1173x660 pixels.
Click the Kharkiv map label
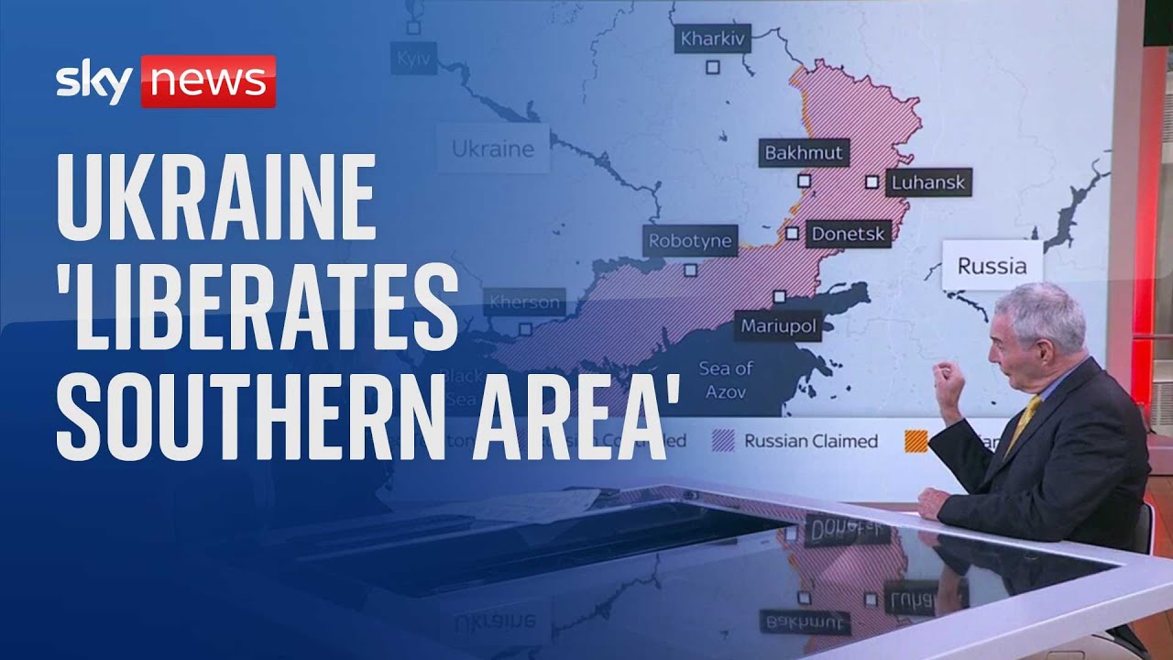pyautogui.click(x=713, y=40)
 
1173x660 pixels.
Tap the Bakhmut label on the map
pyautogui.click(x=804, y=152)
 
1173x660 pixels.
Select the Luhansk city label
pyautogui.click(x=927, y=182)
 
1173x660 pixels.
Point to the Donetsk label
pyautogui.click(x=849, y=234)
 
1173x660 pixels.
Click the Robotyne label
pyautogui.click(x=690, y=241)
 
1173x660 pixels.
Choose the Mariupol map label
pyautogui.click(x=777, y=325)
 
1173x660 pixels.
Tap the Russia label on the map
pyautogui.click(x=992, y=266)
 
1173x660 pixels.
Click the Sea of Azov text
pyautogui.click(x=725, y=379)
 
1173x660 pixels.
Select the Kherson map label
pyautogui.click(x=523, y=302)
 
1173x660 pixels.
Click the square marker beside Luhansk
pyautogui.click(x=872, y=181)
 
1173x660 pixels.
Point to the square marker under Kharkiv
pyautogui.click(x=712, y=67)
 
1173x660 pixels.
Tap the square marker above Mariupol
pyautogui.click(x=779, y=296)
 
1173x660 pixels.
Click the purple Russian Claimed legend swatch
pyautogui.click(x=723, y=441)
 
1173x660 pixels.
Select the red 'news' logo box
pyautogui.click(x=208, y=82)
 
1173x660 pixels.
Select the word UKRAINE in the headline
pyautogui.click(x=216, y=194)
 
